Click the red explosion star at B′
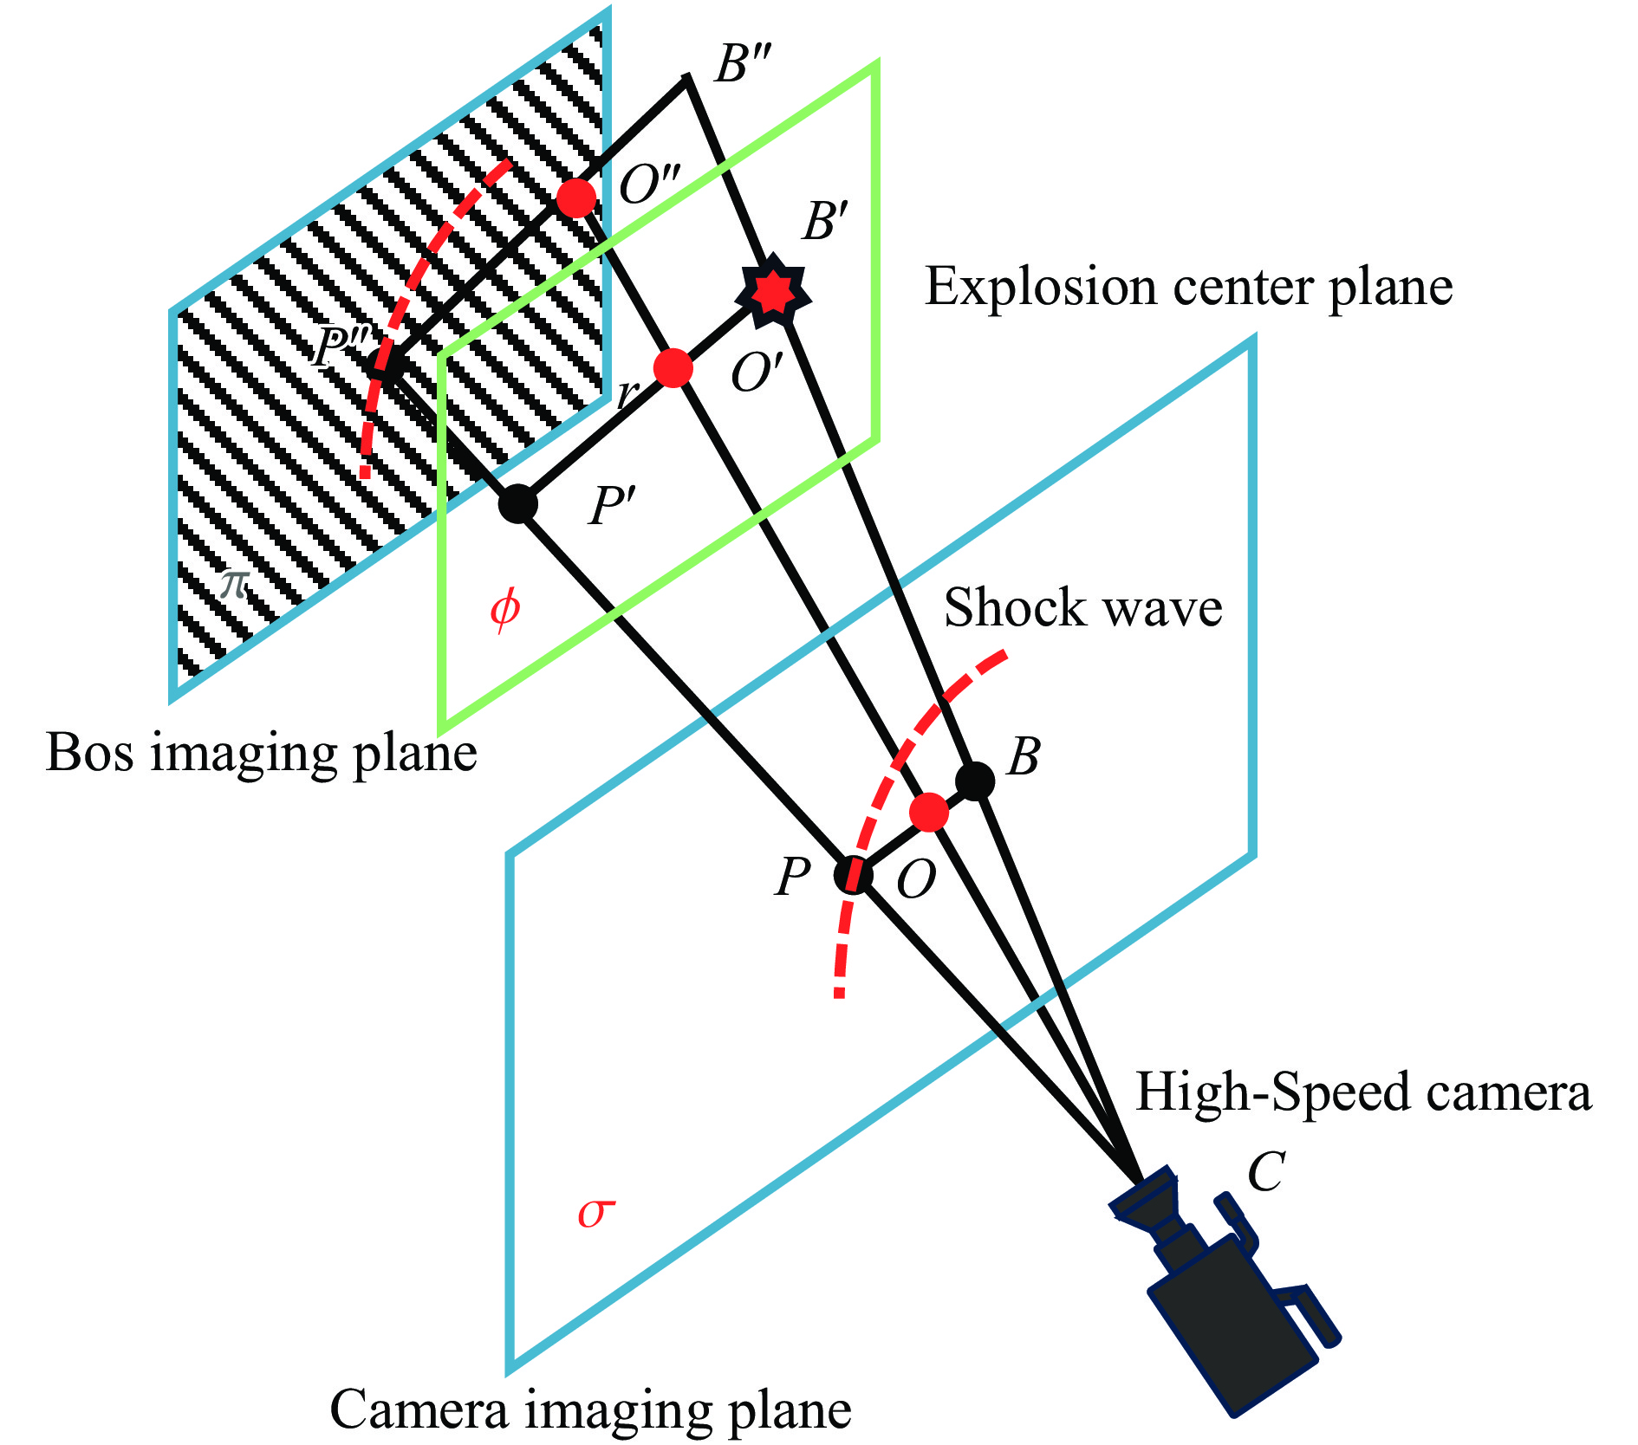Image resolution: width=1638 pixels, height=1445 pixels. pos(772,293)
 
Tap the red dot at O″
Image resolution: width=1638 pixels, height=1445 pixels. pos(576,198)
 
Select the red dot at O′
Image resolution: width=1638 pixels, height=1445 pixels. pos(673,368)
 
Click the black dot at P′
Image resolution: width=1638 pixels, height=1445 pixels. pos(518,503)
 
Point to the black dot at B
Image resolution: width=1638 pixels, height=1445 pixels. pos(975,781)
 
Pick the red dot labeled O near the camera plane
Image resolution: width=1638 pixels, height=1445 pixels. pos(929,813)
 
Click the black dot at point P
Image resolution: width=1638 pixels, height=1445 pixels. pos(853,875)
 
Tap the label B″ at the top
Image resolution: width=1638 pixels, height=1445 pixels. pos(743,64)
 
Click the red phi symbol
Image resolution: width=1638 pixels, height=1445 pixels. pos(504,608)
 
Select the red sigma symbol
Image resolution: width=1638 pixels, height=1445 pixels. pos(596,1213)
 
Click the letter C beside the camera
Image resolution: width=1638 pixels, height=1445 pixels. pos(1265,1173)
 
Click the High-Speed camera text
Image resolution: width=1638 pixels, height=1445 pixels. pos(1363,1092)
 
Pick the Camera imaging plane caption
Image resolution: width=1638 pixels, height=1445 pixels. pos(590,1410)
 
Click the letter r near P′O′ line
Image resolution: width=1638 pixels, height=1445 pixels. pos(626,395)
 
